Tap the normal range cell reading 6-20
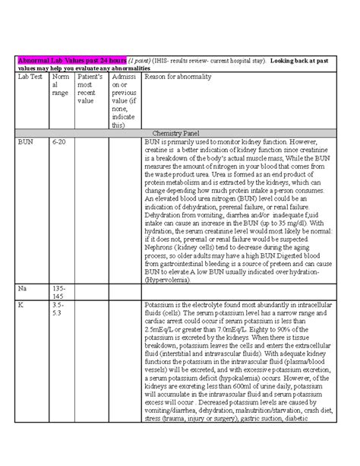59,142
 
